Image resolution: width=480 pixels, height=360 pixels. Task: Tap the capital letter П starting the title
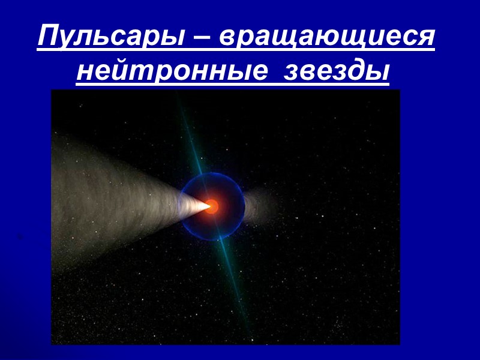48,37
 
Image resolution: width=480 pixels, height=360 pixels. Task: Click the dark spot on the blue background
20,238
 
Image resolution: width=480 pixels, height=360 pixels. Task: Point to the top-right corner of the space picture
399,91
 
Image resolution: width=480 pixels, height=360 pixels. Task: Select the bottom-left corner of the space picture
52,344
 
